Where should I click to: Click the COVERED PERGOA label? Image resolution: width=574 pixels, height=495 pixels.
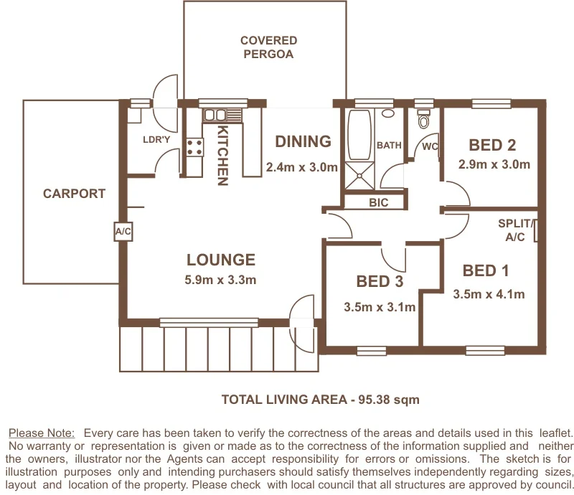[x=268, y=47]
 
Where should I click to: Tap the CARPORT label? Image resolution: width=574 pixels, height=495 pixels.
[x=74, y=194]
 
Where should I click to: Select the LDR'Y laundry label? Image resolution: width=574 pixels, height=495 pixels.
[x=156, y=139]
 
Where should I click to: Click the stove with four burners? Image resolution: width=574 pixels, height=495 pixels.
[x=194, y=147]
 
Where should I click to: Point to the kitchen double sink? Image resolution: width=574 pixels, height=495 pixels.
[x=214, y=115]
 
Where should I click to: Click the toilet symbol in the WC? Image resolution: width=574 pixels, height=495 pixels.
[x=423, y=119]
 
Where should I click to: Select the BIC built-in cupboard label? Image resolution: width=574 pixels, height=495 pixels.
[x=378, y=203]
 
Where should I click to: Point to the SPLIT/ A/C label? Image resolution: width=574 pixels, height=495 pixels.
[x=514, y=230]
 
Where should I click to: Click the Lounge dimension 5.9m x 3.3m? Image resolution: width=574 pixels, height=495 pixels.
[x=220, y=280]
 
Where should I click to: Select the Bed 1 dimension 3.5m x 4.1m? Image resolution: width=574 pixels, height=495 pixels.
[x=489, y=294]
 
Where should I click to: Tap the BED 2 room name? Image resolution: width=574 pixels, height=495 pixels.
[x=492, y=145]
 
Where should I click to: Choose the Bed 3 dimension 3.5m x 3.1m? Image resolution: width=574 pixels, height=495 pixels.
[x=380, y=308]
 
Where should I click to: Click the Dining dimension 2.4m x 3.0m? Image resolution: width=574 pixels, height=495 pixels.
[x=301, y=168]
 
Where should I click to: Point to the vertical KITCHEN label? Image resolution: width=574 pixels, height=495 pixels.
[x=223, y=156]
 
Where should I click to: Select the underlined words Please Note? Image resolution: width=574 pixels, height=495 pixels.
[x=41, y=433]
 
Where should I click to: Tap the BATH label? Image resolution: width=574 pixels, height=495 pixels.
[x=389, y=145]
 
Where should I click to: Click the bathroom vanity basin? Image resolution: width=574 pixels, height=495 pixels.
[x=388, y=113]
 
